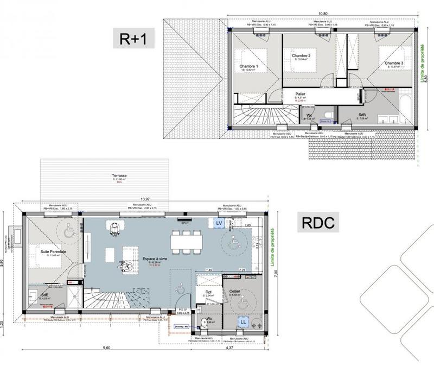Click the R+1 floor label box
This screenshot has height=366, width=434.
click(133, 39)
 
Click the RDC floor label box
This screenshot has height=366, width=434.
click(318, 222)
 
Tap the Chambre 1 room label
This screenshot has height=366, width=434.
click(249, 66)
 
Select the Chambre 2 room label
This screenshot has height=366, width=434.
click(301, 56)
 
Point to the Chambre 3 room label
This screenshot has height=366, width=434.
click(394, 63)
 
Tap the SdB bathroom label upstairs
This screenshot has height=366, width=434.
click(362, 116)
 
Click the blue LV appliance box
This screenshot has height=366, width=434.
click(219, 223)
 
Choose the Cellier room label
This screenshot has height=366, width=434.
click(234, 292)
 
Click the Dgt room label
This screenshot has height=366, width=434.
click(208, 293)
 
